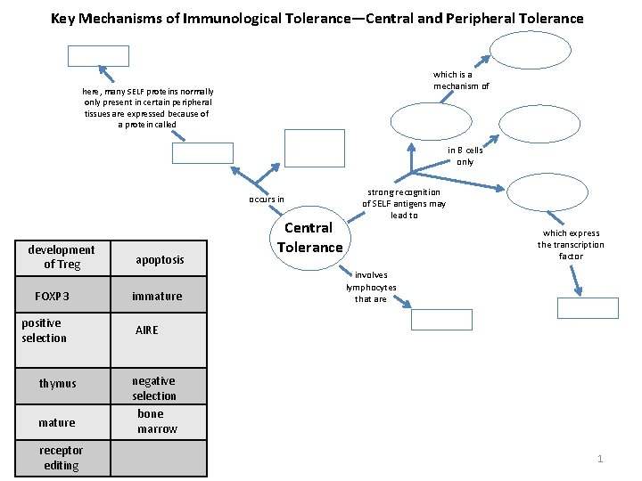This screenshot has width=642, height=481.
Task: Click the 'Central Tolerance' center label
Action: [x=309, y=238]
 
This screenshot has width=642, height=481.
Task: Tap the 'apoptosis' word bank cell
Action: [x=159, y=259]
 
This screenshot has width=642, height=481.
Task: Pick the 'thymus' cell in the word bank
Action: [x=58, y=383]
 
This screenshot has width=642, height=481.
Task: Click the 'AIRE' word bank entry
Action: [x=146, y=330]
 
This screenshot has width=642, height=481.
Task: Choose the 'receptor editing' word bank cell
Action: [x=61, y=458]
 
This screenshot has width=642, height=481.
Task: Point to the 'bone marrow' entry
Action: [x=157, y=421]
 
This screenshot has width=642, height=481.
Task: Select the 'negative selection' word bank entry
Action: [x=154, y=388]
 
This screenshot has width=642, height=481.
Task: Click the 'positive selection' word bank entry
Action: [x=44, y=330]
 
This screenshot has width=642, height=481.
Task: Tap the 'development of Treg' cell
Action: [x=61, y=257]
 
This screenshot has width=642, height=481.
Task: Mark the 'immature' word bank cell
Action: [x=157, y=296]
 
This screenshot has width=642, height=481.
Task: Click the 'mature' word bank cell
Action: [x=57, y=422]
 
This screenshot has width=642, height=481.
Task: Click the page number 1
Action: [x=600, y=459]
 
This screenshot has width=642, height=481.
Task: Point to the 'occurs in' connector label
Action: [x=267, y=199]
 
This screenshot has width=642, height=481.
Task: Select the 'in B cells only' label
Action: [x=465, y=156]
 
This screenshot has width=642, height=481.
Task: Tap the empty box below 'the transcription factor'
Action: [x=587, y=308]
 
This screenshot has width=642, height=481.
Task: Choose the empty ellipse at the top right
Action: [x=524, y=51]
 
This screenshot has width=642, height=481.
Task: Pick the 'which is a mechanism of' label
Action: [x=460, y=80]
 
